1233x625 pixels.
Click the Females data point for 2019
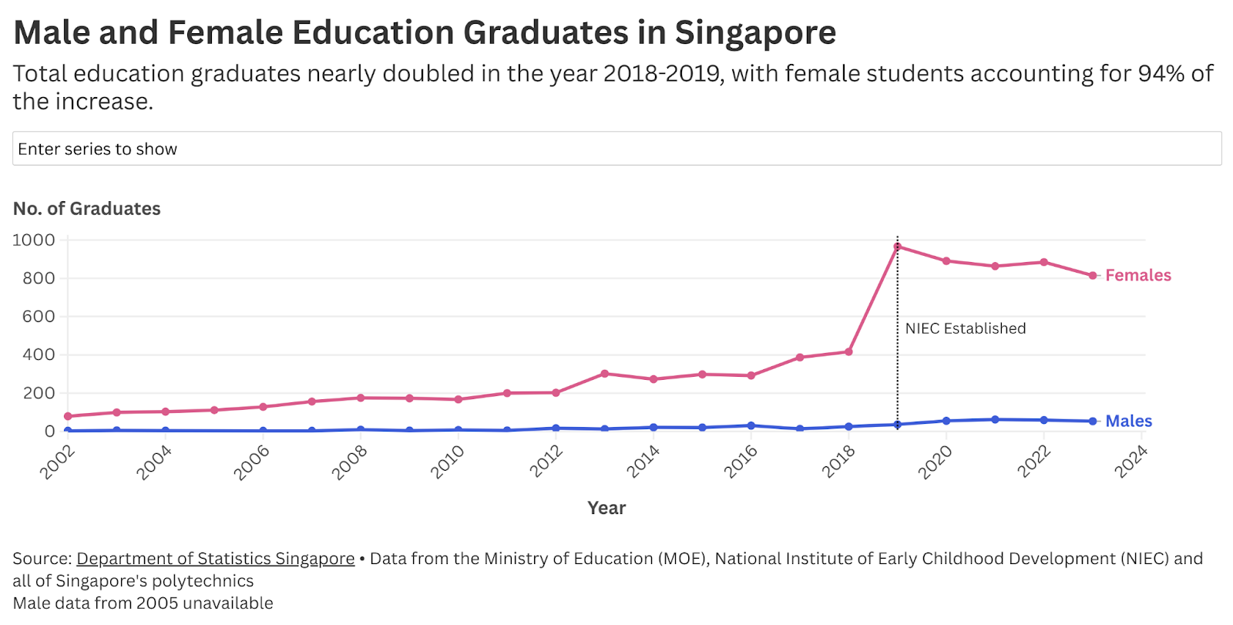coord(898,247)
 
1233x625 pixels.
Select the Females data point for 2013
coord(605,374)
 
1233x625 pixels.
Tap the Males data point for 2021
coord(995,419)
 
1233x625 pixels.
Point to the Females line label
coord(1137,275)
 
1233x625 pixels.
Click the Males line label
coord(1128,421)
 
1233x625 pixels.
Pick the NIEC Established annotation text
coord(965,328)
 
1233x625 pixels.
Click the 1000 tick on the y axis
coord(34,240)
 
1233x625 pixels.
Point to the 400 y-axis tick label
coord(39,355)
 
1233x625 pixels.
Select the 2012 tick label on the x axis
coord(546,462)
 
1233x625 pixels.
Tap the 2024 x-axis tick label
coord(1131,462)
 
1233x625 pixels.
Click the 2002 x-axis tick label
coord(59,462)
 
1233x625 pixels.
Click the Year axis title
coord(606,508)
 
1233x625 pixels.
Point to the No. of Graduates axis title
coord(87,209)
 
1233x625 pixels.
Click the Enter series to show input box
coord(616,149)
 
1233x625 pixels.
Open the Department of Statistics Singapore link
coord(215,559)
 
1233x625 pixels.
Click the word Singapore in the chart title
coord(755,32)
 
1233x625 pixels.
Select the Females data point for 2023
coord(1093,275)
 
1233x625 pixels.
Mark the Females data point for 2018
coord(848,352)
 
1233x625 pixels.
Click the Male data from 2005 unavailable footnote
coord(143,603)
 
